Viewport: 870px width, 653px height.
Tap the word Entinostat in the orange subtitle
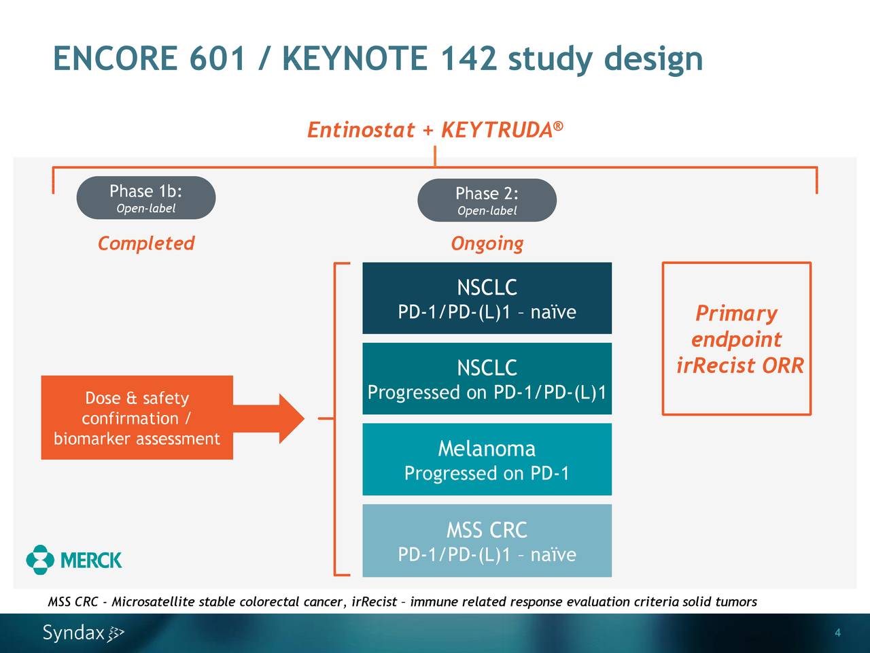(x=360, y=129)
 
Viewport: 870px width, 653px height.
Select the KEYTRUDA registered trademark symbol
(x=558, y=126)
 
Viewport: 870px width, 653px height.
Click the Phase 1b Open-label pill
(x=145, y=198)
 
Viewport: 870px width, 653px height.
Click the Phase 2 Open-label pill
(x=487, y=201)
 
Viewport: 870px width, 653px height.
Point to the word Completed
(x=145, y=244)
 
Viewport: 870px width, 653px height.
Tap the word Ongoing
(x=487, y=244)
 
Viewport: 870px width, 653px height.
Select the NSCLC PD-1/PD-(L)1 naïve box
(x=487, y=298)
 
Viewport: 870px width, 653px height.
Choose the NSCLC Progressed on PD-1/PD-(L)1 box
(x=487, y=379)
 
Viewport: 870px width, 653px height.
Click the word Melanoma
(x=487, y=449)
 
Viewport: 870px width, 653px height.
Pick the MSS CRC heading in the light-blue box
(x=487, y=530)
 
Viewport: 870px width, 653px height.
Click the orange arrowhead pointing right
(x=290, y=418)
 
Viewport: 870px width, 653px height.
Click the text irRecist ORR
(x=739, y=366)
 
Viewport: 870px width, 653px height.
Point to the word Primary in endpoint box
(x=736, y=314)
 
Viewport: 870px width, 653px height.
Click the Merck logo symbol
(x=40, y=560)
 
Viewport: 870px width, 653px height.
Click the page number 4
(x=837, y=633)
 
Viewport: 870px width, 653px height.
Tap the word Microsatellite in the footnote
(x=153, y=602)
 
